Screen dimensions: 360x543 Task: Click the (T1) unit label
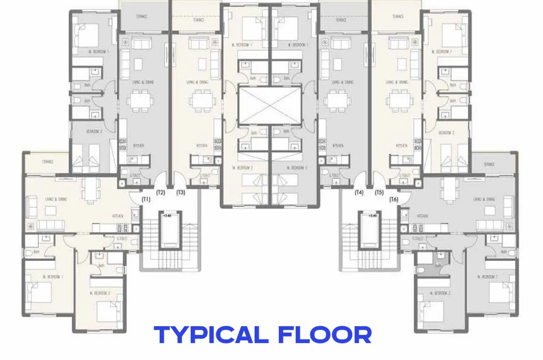point(146,199)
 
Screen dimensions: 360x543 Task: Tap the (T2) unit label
point(161,192)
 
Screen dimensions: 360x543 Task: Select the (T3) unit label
point(181,192)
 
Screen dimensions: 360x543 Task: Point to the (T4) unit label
point(359,192)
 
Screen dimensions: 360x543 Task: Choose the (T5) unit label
point(379,192)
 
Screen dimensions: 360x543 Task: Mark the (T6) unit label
point(394,199)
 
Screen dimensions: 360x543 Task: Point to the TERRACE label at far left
point(48,162)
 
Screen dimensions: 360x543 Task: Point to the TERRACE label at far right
point(489,164)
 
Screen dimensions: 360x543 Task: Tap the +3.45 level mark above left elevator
point(167,216)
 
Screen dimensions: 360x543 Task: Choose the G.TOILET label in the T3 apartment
point(204,175)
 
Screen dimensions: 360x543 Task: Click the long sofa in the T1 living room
point(50,226)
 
